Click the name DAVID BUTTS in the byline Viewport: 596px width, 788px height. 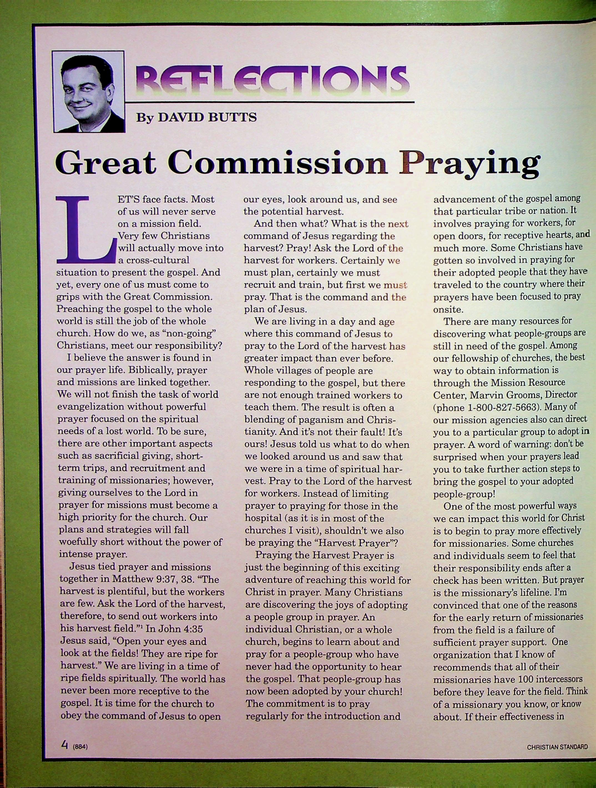[207, 117]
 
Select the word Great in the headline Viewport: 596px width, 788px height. [106, 163]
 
